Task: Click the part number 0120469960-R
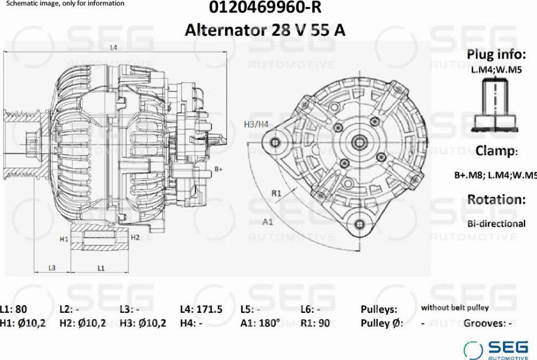pyautogui.click(x=265, y=7)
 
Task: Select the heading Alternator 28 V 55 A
pyautogui.click(x=265, y=30)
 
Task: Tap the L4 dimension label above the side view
pyautogui.click(x=113, y=48)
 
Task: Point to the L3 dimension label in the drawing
pyautogui.click(x=52, y=268)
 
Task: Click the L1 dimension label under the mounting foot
pyautogui.click(x=101, y=268)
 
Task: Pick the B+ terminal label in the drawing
pyautogui.click(x=218, y=169)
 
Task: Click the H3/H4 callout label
pyautogui.click(x=256, y=124)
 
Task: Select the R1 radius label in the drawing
pyautogui.click(x=276, y=193)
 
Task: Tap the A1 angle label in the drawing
pyautogui.click(x=267, y=222)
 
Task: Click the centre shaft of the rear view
pyautogui.click(x=359, y=142)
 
